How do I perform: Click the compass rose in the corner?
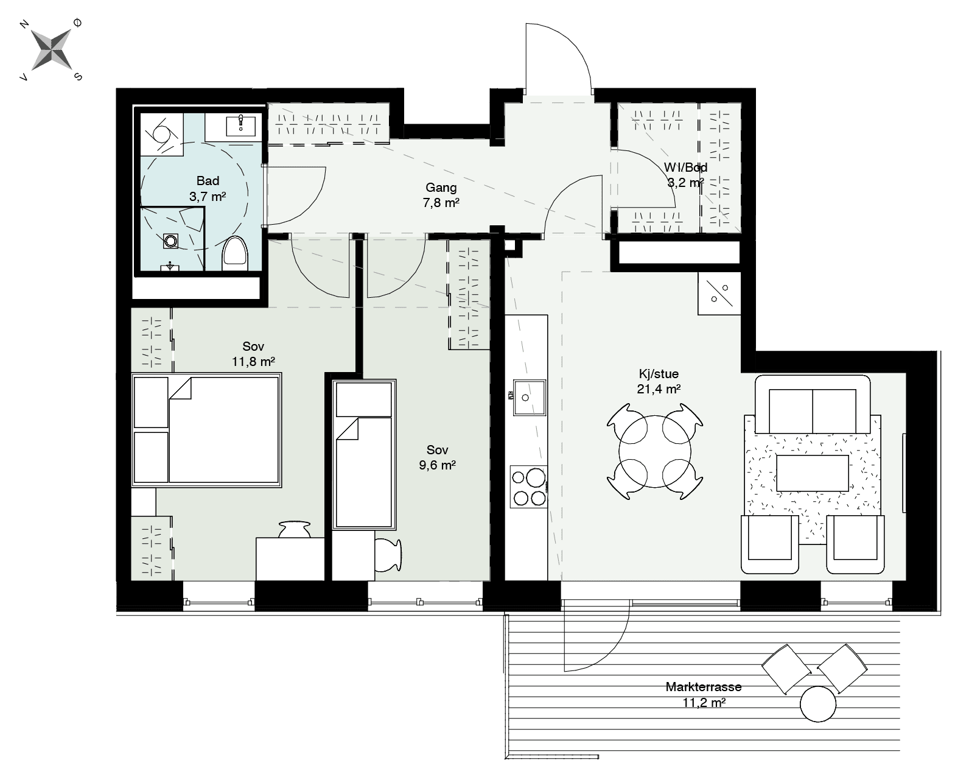tap(52, 49)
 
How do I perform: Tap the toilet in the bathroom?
tap(234, 253)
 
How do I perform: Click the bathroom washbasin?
tap(241, 124)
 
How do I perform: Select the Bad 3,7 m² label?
tap(208, 189)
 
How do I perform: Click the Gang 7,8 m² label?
tap(441, 195)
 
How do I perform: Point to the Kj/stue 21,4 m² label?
tap(659, 381)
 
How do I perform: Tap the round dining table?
tap(655, 451)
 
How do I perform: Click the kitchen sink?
tap(530, 398)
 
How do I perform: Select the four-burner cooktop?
tap(529, 487)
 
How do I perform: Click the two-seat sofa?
tap(813, 404)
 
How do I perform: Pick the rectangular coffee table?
tap(813, 473)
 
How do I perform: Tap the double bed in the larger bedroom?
tap(207, 430)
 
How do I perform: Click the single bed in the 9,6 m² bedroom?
tap(364, 454)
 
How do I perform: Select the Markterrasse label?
tap(704, 687)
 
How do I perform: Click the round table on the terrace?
tap(817, 704)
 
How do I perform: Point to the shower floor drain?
tap(170, 241)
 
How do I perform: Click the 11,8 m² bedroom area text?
tap(253, 361)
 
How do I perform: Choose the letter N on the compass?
tap(25, 25)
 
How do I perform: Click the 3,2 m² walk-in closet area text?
tap(685, 183)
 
